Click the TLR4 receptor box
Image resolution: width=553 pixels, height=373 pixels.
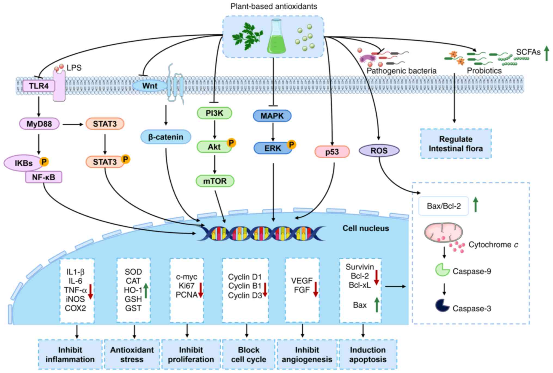[x=39, y=86]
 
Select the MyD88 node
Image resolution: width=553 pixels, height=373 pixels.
[x=39, y=124]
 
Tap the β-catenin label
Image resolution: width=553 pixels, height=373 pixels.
[x=165, y=137]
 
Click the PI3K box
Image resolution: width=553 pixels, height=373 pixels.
[x=214, y=113]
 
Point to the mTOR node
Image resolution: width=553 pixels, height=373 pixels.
[x=215, y=181]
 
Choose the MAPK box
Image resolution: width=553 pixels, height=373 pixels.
[x=272, y=116]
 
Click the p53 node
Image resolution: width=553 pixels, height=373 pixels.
[x=332, y=152]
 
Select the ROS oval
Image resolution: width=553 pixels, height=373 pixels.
[x=379, y=150]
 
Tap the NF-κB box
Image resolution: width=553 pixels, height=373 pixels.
[x=44, y=177]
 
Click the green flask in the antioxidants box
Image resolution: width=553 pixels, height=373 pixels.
[x=276, y=37]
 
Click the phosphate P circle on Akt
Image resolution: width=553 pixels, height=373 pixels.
[x=231, y=143]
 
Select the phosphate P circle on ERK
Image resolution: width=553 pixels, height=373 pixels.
[x=291, y=144]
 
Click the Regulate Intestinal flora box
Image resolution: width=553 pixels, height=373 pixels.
[x=456, y=144]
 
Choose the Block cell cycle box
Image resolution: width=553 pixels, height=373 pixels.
[x=248, y=354]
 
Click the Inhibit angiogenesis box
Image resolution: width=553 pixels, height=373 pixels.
[x=307, y=354]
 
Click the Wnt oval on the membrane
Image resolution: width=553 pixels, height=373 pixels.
[x=150, y=86]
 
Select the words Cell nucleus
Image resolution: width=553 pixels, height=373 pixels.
[x=365, y=228]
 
